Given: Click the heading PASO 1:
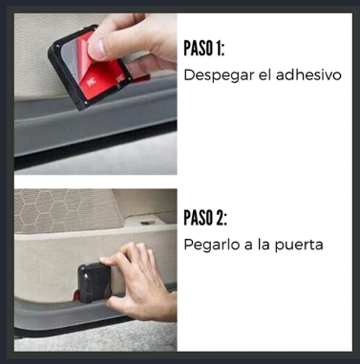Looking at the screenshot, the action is [204, 49].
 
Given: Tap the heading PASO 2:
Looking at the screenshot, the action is [205, 218].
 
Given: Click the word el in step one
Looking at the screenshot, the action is [265, 75].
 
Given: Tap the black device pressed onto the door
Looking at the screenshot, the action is [94, 283].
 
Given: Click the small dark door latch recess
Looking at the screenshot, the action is [148, 223].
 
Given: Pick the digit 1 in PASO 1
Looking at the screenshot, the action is [219, 49].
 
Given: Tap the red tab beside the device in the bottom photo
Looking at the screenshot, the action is [76, 296].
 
